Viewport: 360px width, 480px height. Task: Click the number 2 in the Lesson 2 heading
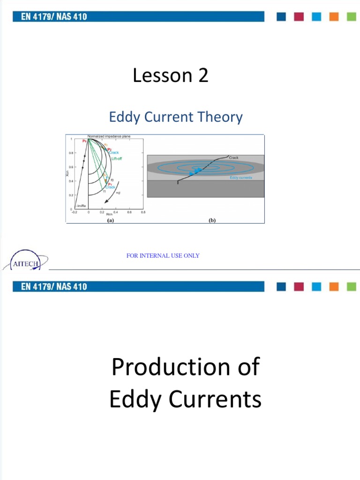tap(202, 75)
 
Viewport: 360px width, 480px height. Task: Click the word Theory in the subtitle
tap(220, 117)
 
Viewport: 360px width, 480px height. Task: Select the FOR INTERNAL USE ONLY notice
tap(163, 255)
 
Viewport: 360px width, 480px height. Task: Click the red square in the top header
tap(299, 17)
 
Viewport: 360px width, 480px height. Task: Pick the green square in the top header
tap(351, 17)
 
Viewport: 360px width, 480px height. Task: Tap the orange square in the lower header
tap(334, 286)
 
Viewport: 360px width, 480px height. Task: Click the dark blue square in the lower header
tap(281, 286)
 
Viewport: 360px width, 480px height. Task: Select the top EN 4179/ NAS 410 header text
tap(54, 17)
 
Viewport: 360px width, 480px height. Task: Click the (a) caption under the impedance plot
tap(110, 220)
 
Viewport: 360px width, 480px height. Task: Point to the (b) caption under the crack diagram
tap(212, 220)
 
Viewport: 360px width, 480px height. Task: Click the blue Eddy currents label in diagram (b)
tap(241, 178)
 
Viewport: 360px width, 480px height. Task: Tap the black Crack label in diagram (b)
tap(233, 158)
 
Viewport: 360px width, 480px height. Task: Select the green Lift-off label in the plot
tap(117, 159)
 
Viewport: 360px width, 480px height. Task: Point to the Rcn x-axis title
tap(109, 215)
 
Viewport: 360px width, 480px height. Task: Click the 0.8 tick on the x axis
tap(143, 212)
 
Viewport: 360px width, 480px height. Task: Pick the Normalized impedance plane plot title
tap(109, 136)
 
